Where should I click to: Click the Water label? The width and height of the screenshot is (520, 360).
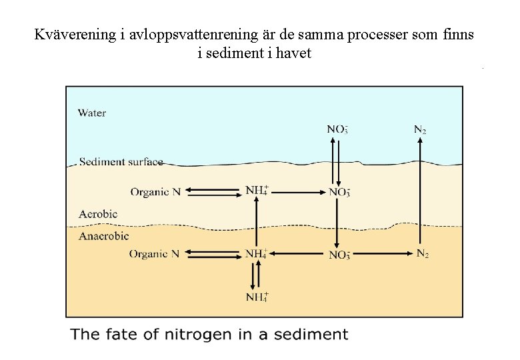click(92, 113)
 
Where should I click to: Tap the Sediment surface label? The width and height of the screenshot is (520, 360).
click(121, 161)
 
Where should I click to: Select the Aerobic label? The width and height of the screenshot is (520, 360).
click(98, 214)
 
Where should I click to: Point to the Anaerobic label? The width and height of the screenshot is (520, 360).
click(103, 235)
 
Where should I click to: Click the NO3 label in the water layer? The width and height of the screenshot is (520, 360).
click(337, 129)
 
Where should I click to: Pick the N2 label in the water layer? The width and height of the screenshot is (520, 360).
click(420, 129)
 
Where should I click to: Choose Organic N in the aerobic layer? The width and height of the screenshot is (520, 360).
click(155, 192)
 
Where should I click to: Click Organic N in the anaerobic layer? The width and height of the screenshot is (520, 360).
click(154, 254)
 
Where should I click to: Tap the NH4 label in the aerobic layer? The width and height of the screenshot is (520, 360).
click(257, 191)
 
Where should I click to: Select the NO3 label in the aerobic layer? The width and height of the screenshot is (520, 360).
click(339, 192)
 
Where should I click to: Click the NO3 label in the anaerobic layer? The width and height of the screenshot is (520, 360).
click(339, 255)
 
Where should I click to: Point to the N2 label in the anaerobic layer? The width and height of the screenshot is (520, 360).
click(423, 253)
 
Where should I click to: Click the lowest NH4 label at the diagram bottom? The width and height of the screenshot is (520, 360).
click(257, 297)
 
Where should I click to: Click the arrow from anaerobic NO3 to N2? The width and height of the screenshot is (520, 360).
click(382, 253)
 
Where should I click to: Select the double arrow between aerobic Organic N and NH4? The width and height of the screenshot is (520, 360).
click(213, 191)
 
